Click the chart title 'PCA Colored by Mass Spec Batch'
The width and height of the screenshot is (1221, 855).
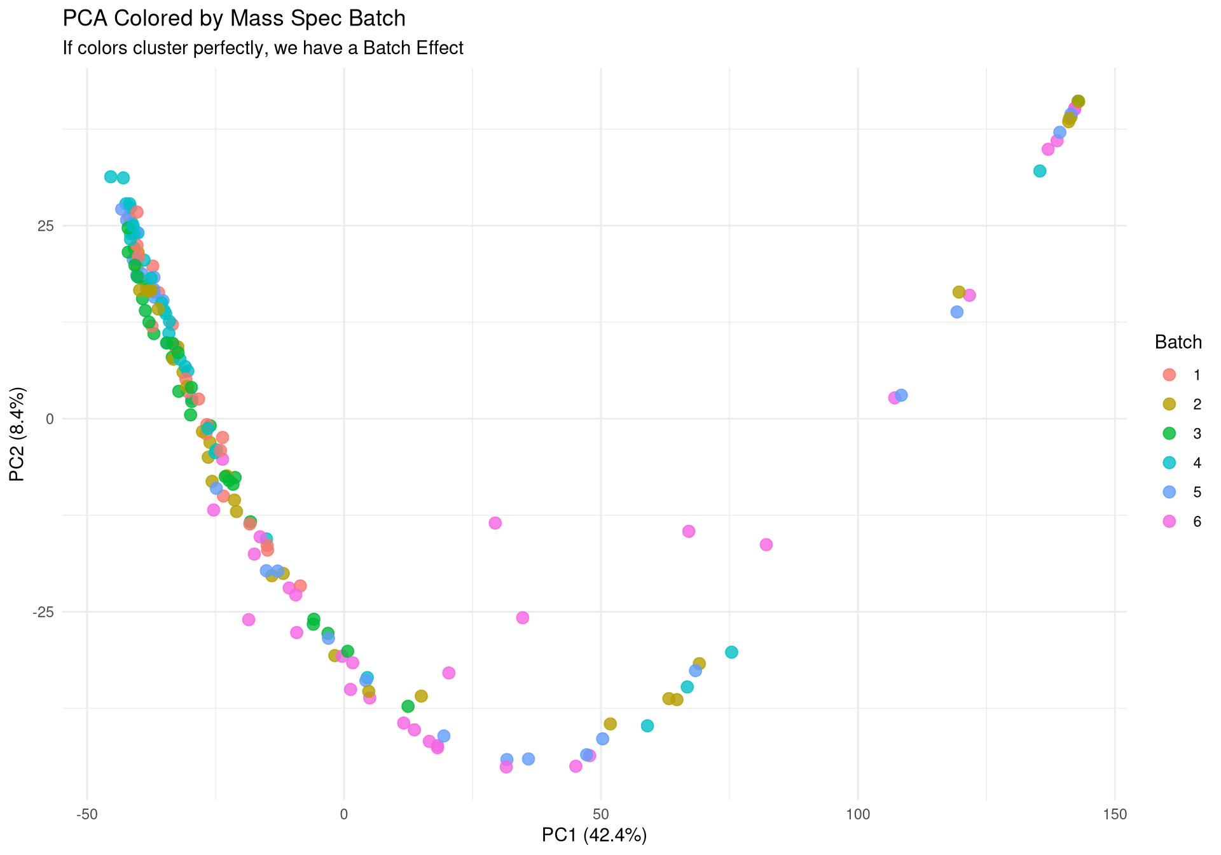pyautogui.click(x=233, y=18)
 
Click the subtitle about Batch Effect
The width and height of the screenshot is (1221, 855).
pyautogui.click(x=263, y=48)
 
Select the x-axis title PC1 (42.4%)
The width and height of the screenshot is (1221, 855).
pyautogui.click(x=594, y=835)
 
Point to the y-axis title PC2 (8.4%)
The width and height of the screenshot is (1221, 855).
pyautogui.click(x=17, y=434)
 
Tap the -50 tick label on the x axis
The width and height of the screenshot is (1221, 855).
pyautogui.click(x=86, y=814)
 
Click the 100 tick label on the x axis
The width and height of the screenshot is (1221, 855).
pyautogui.click(x=858, y=814)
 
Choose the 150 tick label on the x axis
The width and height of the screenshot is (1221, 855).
pyautogui.click(x=1115, y=814)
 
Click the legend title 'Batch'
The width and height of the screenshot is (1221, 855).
pyautogui.click(x=1178, y=342)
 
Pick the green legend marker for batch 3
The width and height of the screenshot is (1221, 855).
pyautogui.click(x=1169, y=433)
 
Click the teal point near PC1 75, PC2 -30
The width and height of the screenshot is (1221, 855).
pyautogui.click(x=731, y=652)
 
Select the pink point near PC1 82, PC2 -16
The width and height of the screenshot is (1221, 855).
pyautogui.click(x=766, y=545)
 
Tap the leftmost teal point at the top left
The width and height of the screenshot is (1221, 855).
pyautogui.click(x=111, y=177)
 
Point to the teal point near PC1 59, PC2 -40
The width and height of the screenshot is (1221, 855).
pyautogui.click(x=647, y=726)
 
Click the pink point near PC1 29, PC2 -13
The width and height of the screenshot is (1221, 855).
pyautogui.click(x=495, y=523)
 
